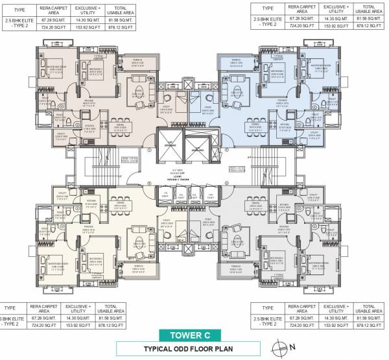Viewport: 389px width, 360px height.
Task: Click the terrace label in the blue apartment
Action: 230,63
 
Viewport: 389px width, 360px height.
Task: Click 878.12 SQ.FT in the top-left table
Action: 124,27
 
